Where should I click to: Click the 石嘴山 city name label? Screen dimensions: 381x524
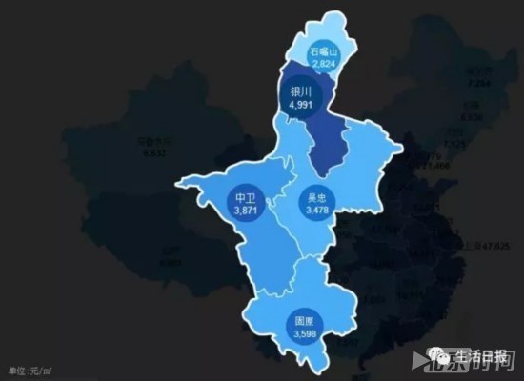click(x=325, y=52)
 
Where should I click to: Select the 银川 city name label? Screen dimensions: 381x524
click(x=300, y=92)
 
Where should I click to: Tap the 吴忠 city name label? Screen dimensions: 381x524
click(x=314, y=197)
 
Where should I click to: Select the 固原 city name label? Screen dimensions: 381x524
click(x=305, y=323)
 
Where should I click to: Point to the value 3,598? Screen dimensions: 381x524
click(x=305, y=334)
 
